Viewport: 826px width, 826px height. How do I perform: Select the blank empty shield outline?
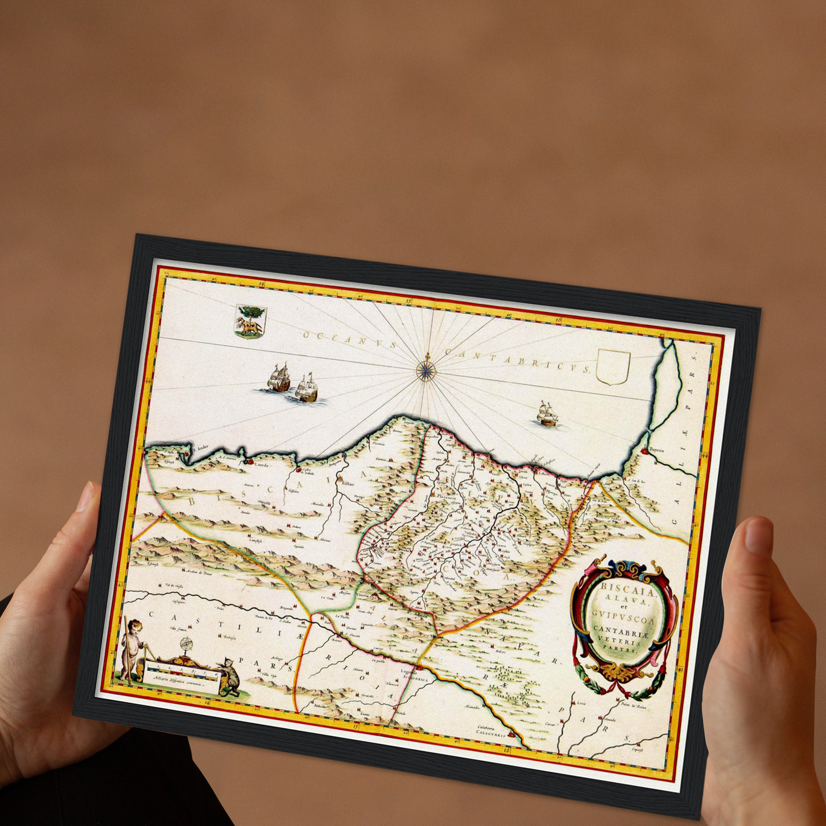[613, 366]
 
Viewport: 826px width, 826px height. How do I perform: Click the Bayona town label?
[656, 450]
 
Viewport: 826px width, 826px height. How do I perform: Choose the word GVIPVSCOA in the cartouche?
[624, 616]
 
